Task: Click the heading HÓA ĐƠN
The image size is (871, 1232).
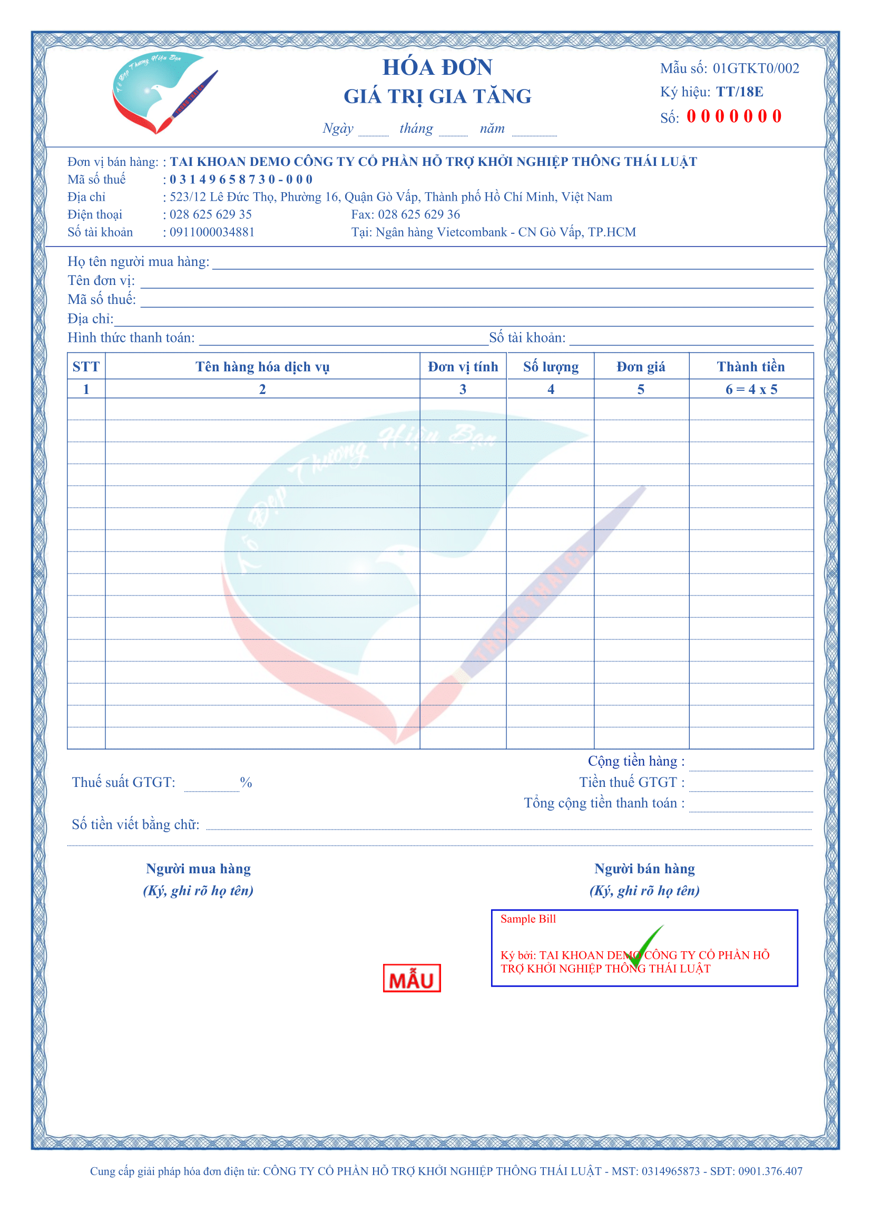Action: [x=437, y=67]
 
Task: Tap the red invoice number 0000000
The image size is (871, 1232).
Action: [x=733, y=116]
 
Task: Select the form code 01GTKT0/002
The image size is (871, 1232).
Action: [x=756, y=68]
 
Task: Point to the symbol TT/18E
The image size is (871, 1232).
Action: [x=739, y=92]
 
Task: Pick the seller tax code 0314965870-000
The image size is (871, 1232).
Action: [x=241, y=179]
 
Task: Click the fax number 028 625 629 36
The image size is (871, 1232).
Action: [x=418, y=214]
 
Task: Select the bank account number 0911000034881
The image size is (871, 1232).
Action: [x=212, y=232]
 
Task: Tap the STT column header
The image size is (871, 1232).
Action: [x=86, y=367]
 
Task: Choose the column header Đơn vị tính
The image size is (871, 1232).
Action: [x=463, y=367]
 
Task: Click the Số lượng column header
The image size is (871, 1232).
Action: [x=551, y=367]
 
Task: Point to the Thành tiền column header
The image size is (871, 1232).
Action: [x=750, y=367]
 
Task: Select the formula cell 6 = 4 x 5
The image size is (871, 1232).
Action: [x=751, y=390]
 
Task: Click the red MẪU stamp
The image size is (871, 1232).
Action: [x=412, y=978]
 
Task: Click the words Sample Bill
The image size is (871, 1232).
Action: [x=527, y=919]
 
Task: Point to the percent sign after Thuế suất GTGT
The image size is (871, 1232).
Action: [x=246, y=782]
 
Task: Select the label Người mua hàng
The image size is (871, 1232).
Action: [x=198, y=869]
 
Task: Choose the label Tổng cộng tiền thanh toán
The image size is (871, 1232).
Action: [x=604, y=803]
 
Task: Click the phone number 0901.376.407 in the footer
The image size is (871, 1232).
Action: [x=770, y=1171]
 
